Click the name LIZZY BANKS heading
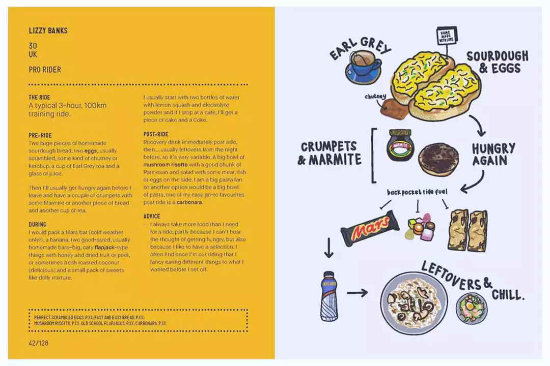pyautogui.click(x=48, y=31)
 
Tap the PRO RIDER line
pyautogui.click(x=45, y=70)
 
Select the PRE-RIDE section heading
pyautogui.click(x=41, y=136)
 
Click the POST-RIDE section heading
pyautogui.click(x=156, y=134)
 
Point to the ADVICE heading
pyautogui.click(x=152, y=216)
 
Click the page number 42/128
pyautogui.click(x=39, y=343)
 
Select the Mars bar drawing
pyautogui.click(x=370, y=228)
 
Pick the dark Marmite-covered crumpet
pyautogui.click(x=438, y=159)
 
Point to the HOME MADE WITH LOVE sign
pyautogui.click(x=445, y=37)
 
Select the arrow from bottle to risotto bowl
pyautogui.click(x=358, y=293)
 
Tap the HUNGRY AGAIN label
pyautogui.click(x=493, y=155)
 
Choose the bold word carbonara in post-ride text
pyautogui.click(x=189, y=202)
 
